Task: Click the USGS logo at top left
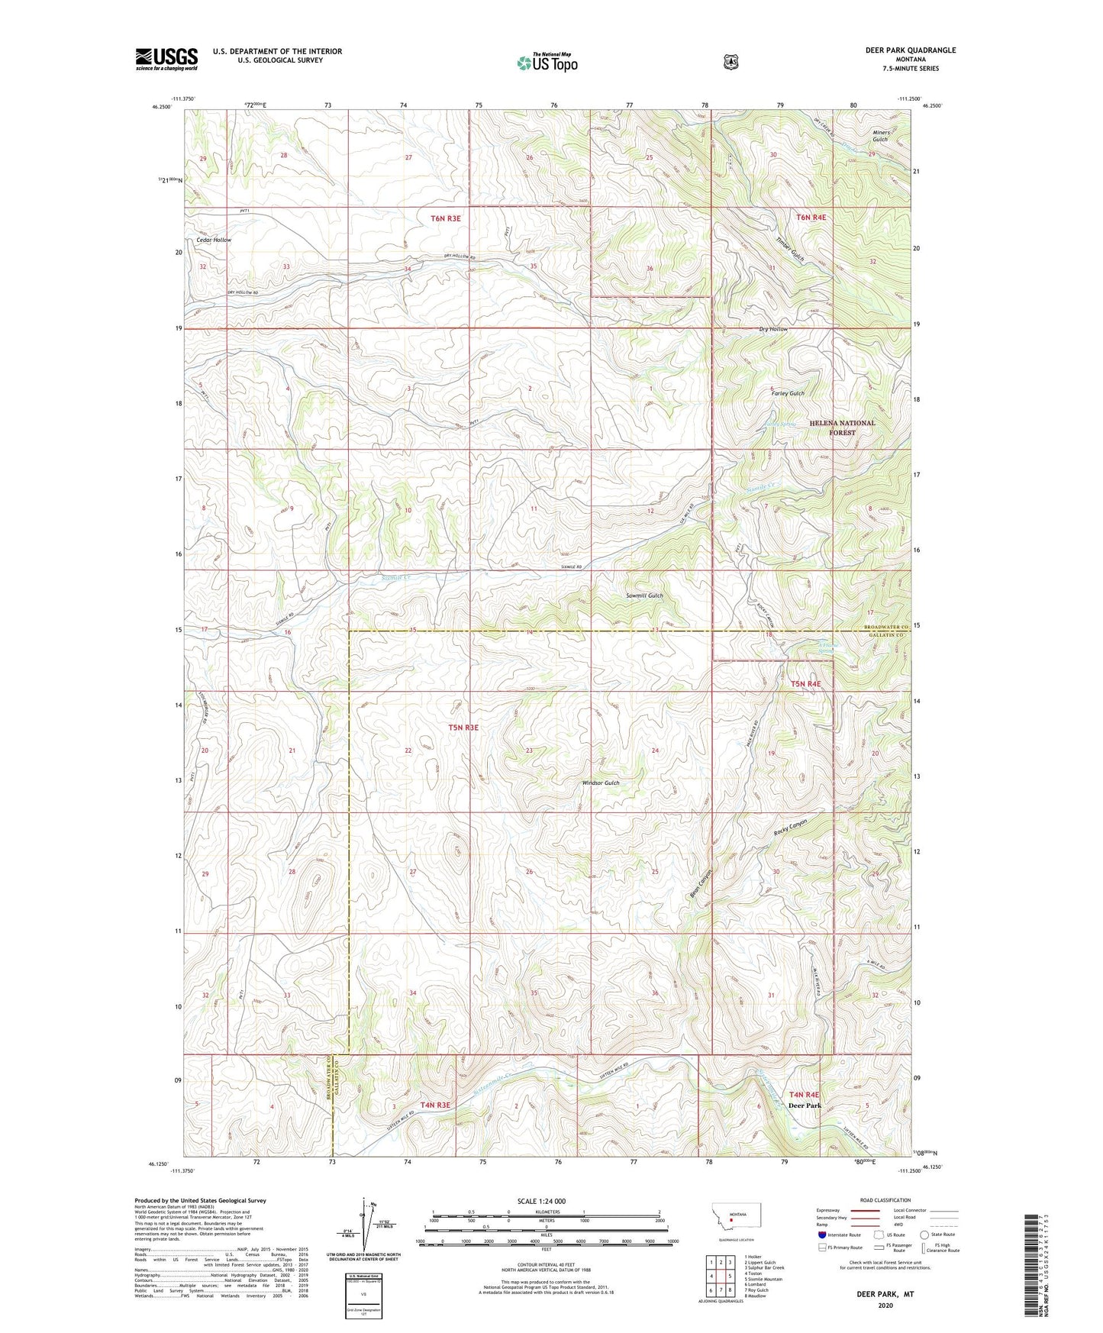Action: [166, 59]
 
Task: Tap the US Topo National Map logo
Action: [547, 62]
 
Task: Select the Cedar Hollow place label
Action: [214, 240]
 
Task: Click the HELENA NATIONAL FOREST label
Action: [843, 428]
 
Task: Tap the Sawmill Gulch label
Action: [644, 595]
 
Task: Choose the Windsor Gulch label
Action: [601, 783]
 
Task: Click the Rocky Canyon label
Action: [790, 828]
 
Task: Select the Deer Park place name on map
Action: [805, 1105]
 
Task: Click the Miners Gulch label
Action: [880, 136]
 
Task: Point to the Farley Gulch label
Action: [786, 393]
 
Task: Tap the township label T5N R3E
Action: [463, 728]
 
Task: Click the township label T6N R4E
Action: [811, 218]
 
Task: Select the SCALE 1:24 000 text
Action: [541, 1201]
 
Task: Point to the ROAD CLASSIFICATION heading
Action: [885, 1200]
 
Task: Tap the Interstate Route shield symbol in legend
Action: [821, 1235]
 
